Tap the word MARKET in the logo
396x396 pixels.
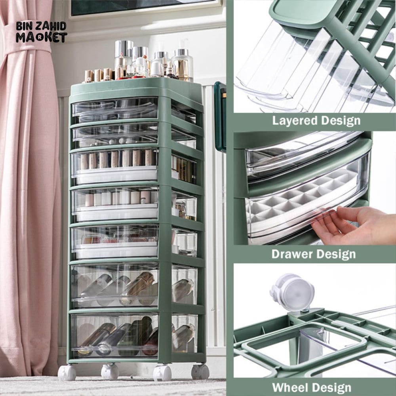[x=41, y=37]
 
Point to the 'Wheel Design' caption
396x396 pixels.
[x=311, y=387]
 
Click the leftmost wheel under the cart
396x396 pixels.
[x=67, y=372]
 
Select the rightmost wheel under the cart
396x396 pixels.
[x=200, y=371]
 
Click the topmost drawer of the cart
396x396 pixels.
[x=115, y=109]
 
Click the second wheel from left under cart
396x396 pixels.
[x=109, y=371]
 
